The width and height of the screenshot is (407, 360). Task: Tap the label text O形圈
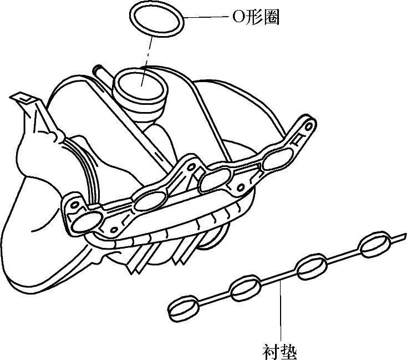255,17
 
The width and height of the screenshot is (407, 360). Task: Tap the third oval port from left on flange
213,181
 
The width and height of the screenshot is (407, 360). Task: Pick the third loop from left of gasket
311,268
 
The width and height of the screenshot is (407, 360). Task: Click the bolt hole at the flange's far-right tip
302,134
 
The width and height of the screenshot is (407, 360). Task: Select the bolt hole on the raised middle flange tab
192,166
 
